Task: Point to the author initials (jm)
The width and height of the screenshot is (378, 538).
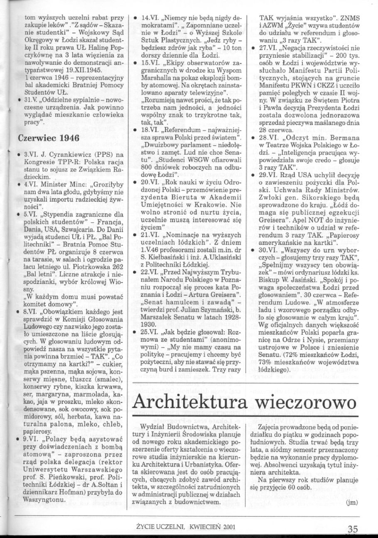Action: tap(351, 503)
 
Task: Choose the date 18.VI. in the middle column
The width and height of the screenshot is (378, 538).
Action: tap(149, 130)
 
